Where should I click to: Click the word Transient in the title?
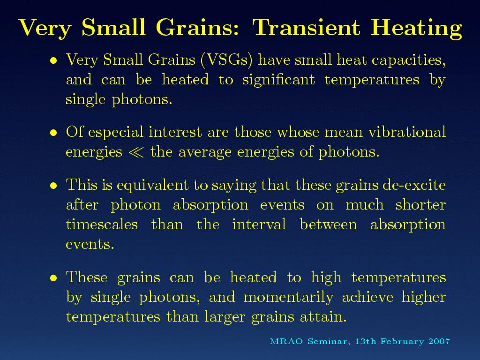[x=307, y=27]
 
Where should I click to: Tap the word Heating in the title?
[x=416, y=29]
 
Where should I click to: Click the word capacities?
[x=409, y=60]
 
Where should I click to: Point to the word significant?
[x=278, y=80]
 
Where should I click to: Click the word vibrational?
[x=407, y=132]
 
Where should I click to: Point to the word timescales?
[x=102, y=224]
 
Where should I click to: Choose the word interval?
[x=259, y=224]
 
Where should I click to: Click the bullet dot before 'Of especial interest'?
[x=54, y=133]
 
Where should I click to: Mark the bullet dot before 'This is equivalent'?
[x=54, y=186]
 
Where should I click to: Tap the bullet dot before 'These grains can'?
[x=54, y=277]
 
